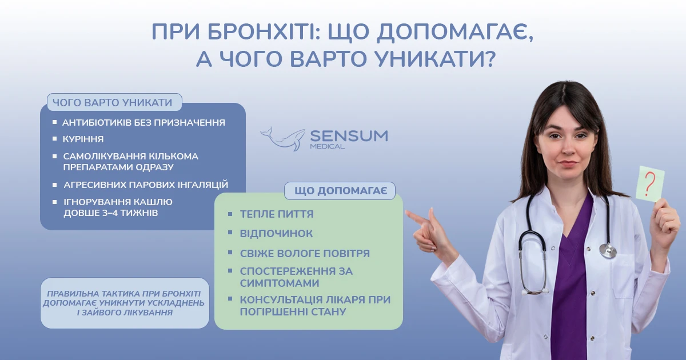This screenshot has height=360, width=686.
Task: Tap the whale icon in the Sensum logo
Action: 282,139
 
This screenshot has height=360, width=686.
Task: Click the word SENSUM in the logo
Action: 349,136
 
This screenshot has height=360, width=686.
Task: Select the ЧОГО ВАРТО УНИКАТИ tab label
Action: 113,102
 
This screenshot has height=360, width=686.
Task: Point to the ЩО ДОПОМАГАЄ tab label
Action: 341,191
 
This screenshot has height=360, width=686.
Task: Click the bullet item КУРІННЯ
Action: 83,139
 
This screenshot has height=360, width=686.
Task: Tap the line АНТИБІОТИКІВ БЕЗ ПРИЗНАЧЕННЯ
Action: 143,123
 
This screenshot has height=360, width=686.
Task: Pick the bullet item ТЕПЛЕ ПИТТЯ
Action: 277,214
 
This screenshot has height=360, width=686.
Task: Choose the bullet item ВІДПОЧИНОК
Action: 276,234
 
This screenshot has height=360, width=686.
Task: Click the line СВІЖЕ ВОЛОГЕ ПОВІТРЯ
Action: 305,254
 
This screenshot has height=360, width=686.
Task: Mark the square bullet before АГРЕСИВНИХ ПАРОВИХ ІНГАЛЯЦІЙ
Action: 54,185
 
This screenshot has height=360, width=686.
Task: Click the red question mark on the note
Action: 649,183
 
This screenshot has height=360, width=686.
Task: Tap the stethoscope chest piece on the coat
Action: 608,250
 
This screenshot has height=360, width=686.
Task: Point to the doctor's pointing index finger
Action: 417,216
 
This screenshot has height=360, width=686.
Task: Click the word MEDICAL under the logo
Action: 328,146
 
